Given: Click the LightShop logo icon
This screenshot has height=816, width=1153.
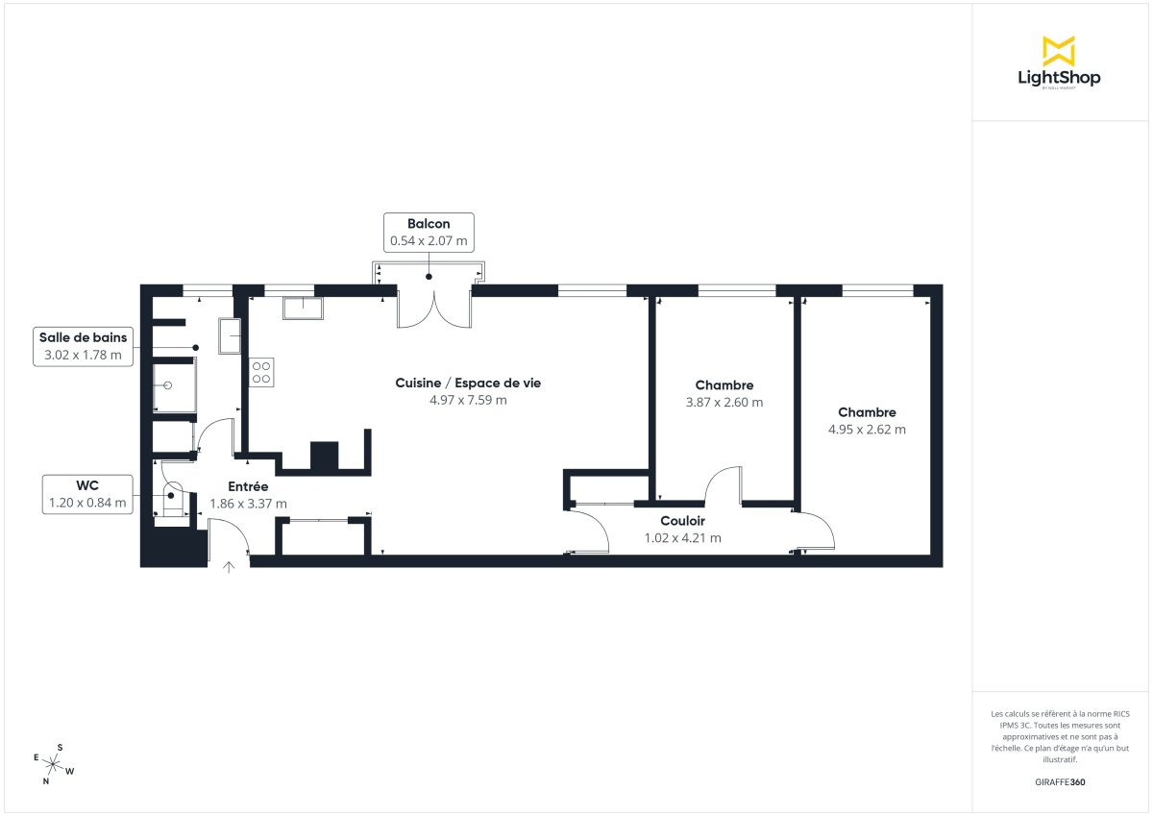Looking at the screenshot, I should click(x=1058, y=51).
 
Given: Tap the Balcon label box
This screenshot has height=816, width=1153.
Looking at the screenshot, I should click(x=429, y=233).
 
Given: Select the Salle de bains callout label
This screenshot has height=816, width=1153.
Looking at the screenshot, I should click(x=83, y=346).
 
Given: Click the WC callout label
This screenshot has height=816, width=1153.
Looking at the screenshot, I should click(x=87, y=494).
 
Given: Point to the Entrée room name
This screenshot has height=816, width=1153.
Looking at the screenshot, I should click(x=248, y=486).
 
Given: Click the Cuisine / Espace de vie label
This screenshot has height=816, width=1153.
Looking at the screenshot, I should click(x=468, y=383).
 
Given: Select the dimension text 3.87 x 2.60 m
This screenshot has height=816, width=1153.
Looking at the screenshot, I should click(x=724, y=403).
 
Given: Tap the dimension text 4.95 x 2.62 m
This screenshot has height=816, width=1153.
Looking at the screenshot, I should click(x=867, y=430).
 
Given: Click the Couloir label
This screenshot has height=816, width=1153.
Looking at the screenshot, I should click(x=682, y=521).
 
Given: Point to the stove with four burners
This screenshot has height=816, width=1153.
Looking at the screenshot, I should click(x=262, y=372).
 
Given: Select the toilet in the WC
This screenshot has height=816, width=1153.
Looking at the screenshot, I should click(x=173, y=498).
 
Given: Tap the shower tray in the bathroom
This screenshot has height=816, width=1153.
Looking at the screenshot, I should click(x=174, y=385).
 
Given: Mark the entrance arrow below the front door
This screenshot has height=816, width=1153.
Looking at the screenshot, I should click(x=229, y=567).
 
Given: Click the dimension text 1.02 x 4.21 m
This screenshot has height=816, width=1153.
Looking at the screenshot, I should click(x=682, y=538).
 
